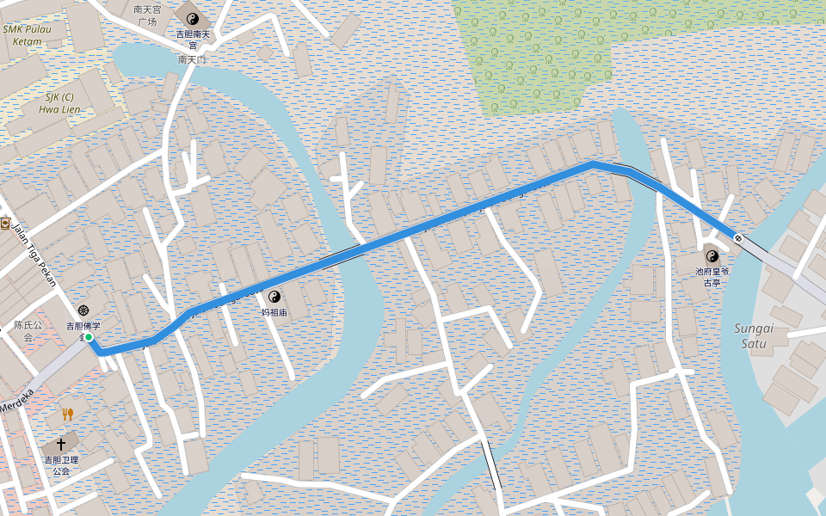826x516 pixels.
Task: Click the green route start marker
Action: tap(89, 337)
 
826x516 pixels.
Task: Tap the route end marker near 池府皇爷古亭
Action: tap(737, 237)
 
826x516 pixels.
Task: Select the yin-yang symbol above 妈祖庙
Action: tap(274, 297)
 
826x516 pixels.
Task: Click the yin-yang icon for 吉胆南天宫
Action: tap(193, 18)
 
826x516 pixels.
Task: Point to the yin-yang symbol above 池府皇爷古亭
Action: tap(712, 255)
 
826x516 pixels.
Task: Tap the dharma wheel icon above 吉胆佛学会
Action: tap(83, 310)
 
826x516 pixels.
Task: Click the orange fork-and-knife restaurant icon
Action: tap(67, 415)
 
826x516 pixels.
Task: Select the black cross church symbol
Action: tap(60, 444)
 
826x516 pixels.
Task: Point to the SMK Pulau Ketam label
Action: tap(28, 34)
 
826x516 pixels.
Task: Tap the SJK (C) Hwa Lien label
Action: tap(59, 103)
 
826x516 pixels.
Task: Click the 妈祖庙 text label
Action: tap(274, 313)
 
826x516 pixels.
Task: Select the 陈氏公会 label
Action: tap(28, 331)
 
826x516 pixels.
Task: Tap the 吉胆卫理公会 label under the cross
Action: tap(61, 465)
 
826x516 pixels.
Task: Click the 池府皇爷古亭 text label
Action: tap(712, 276)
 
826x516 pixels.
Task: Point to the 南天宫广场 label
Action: tap(146, 15)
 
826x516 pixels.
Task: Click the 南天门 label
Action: tap(192, 60)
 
